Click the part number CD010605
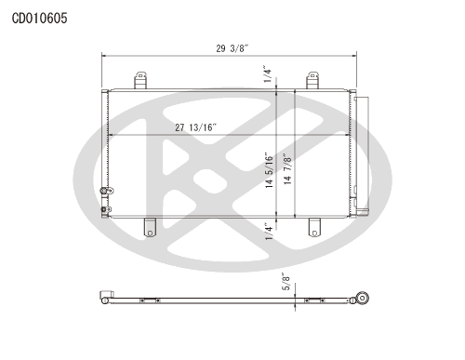point(39,19)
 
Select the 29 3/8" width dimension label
point(232,48)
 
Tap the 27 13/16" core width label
point(195,127)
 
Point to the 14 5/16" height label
point(269,170)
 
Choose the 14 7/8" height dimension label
point(287,169)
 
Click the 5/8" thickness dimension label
point(286,282)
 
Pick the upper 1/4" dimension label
point(267,73)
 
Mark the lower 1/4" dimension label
point(269,232)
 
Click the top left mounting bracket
point(140,80)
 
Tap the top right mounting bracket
point(312,80)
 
